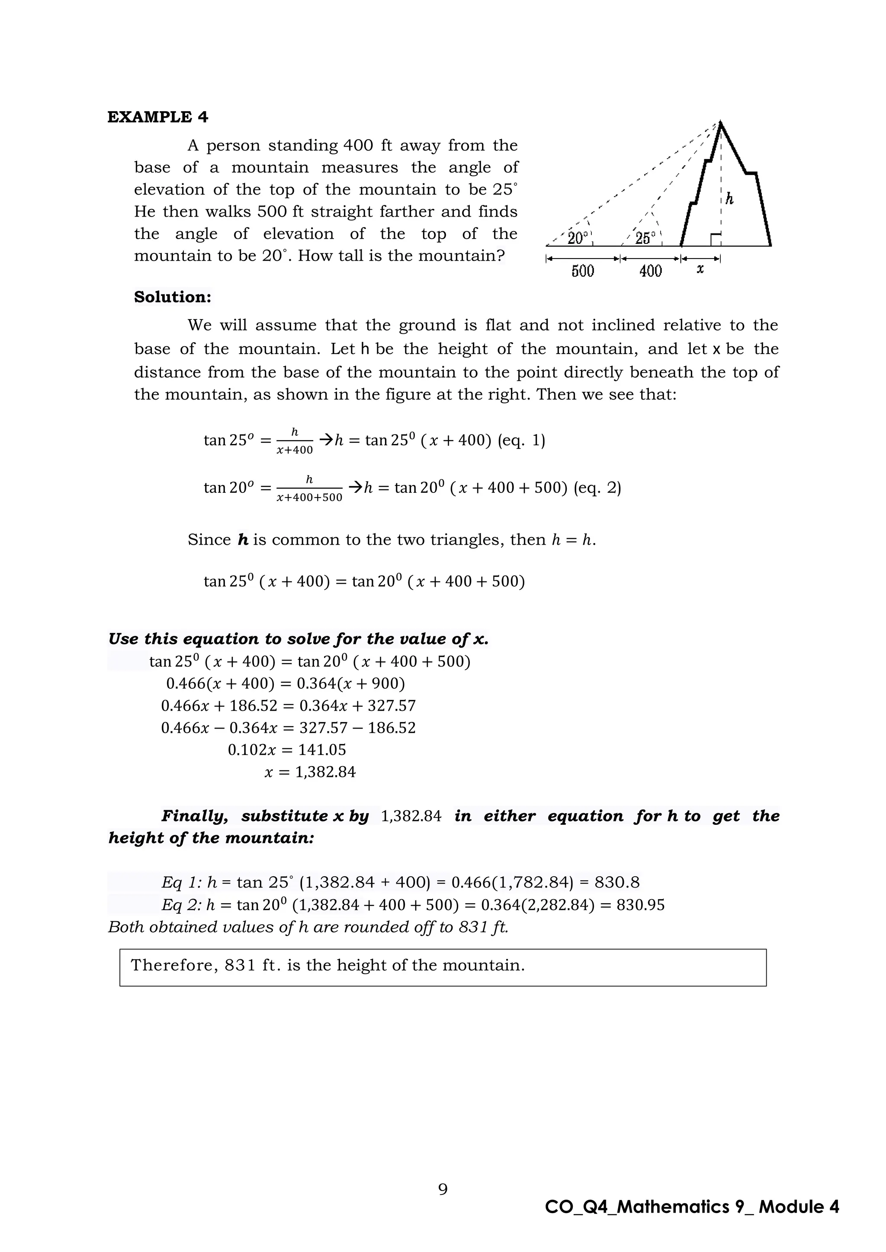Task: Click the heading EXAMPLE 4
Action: (x=157, y=117)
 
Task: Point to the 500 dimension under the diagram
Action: (x=583, y=271)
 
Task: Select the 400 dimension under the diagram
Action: (x=650, y=271)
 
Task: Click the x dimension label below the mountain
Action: (x=700, y=269)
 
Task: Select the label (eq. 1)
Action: (x=522, y=440)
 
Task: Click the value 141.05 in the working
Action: (x=322, y=750)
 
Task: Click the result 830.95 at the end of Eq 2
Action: (x=641, y=905)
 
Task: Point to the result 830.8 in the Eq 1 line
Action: (x=617, y=882)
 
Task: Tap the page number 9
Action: (x=443, y=1189)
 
